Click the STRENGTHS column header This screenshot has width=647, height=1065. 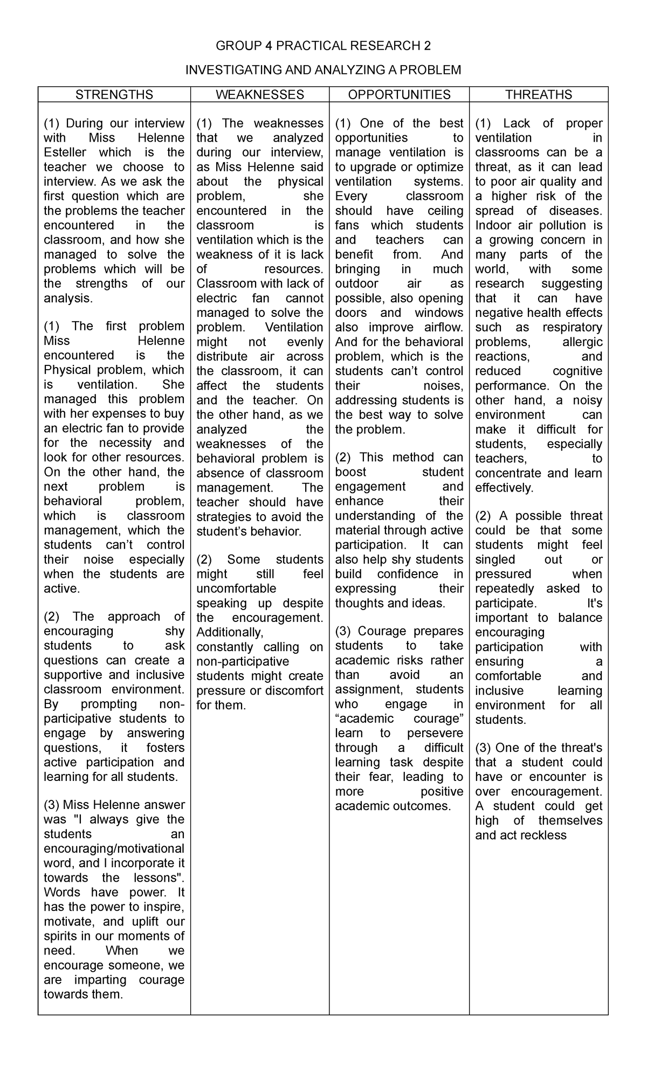tap(114, 95)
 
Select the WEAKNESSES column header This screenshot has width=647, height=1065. tap(260, 95)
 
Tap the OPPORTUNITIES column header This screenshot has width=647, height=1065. tap(399, 95)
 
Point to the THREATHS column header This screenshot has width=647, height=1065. tap(539, 95)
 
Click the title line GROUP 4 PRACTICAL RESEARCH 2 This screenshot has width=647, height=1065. tap(323, 46)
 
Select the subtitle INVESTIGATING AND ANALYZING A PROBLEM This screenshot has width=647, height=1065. tap(323, 70)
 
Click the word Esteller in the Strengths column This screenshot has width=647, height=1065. tap(64, 153)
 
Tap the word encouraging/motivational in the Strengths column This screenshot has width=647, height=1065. tap(114, 849)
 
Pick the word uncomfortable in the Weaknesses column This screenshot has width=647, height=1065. tap(236, 589)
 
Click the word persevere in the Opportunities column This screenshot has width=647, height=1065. tap(435, 733)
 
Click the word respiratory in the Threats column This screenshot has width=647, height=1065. tap(572, 328)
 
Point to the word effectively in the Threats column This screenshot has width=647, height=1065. tap(504, 488)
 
